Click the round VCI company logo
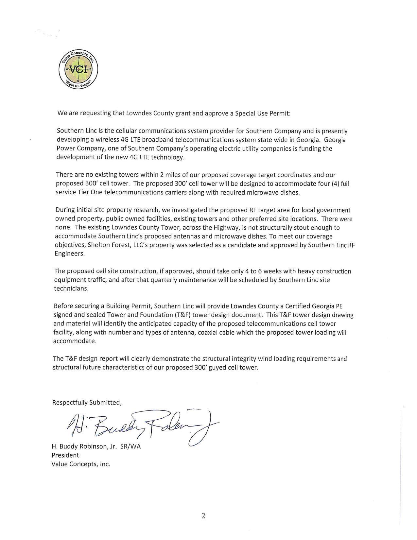[x=78, y=69]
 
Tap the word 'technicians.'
[x=71, y=289]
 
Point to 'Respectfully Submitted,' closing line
[x=87, y=403]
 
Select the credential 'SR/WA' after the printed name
[x=130, y=446]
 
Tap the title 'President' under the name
[x=65, y=455]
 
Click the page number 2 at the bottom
[x=203, y=516]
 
